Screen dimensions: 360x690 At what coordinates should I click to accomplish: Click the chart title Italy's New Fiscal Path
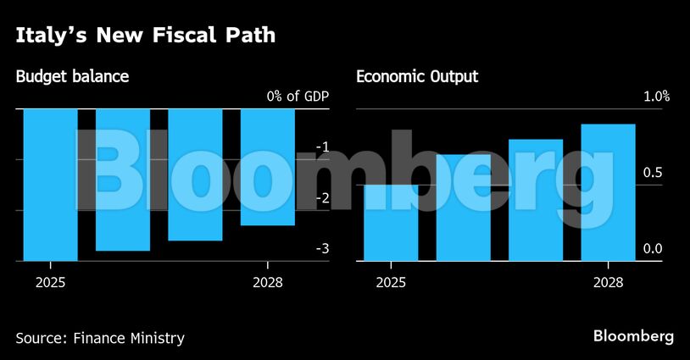coord(145,36)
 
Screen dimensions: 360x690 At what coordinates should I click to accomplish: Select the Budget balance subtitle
coord(72,77)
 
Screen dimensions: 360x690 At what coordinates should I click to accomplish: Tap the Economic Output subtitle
coord(417,77)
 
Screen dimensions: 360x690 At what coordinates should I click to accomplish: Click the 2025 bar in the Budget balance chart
coord(50,185)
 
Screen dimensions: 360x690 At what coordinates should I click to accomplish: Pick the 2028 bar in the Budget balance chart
coord(268,167)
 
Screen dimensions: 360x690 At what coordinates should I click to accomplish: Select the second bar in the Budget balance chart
coord(123,180)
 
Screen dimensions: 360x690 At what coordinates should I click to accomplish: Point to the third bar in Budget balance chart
coord(195,174)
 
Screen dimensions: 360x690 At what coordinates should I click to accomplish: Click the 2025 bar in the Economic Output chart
coord(391,223)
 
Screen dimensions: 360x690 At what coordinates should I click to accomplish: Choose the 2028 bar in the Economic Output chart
coord(608,192)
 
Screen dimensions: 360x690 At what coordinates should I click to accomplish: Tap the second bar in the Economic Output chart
coord(463,208)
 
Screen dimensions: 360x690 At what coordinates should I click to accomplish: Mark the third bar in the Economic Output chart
coord(536,200)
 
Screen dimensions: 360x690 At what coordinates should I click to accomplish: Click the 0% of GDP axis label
coord(297,97)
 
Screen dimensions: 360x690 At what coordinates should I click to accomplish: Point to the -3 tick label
coord(321,249)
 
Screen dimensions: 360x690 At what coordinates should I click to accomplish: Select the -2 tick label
coord(321,198)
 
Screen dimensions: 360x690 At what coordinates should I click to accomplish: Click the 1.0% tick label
coord(655,97)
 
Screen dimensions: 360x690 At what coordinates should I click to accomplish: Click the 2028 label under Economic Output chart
coord(608,283)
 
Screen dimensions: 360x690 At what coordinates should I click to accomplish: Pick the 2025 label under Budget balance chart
coord(50,283)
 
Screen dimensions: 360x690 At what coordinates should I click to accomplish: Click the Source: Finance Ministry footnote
coord(100,338)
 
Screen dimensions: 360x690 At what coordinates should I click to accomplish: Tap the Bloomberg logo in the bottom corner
coord(634,336)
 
